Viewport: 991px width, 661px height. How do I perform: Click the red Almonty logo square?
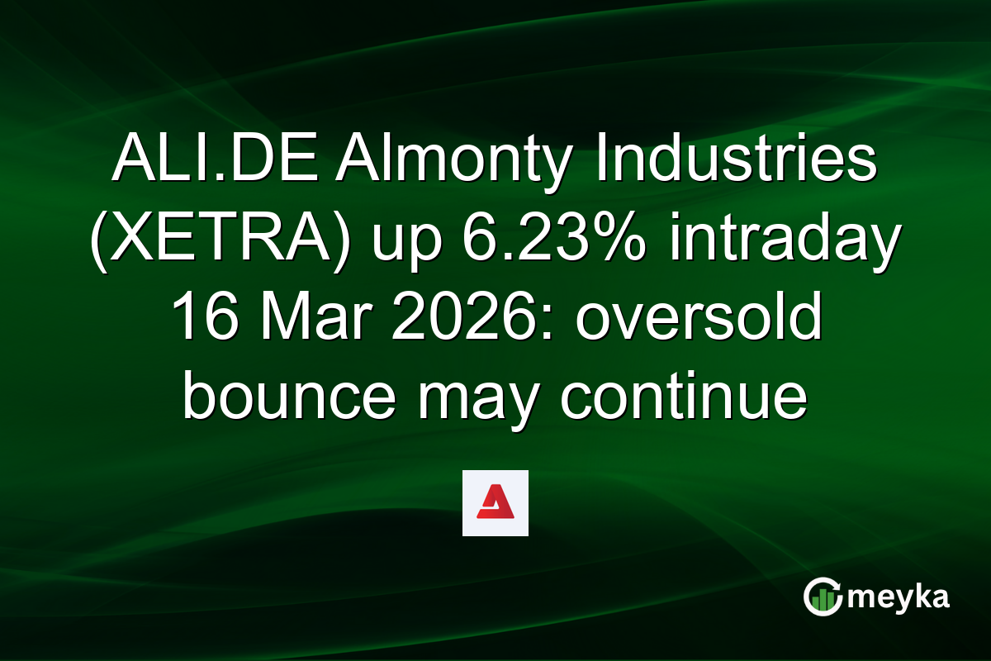tap(495, 503)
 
